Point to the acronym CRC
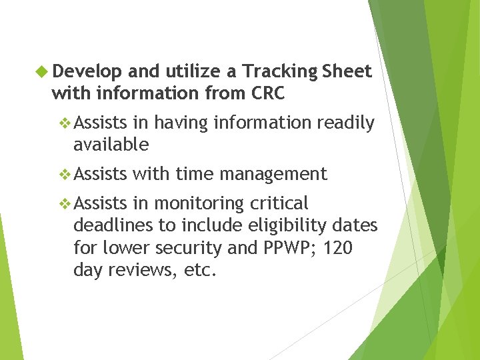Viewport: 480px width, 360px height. tap(267, 94)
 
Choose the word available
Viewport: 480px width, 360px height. tap(111, 144)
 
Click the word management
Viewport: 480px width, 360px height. tap(273, 175)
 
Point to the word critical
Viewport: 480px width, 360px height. tap(279, 203)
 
